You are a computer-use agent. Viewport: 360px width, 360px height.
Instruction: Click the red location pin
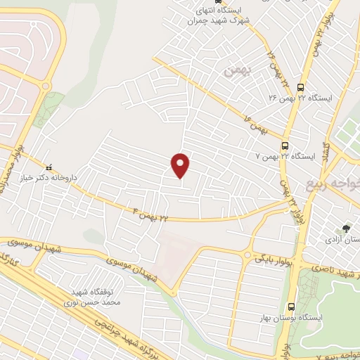coord(181,165)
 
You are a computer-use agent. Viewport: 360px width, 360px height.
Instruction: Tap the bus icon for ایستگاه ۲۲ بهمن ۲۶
coord(302,88)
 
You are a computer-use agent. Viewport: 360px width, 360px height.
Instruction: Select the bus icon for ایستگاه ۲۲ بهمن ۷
coord(284,146)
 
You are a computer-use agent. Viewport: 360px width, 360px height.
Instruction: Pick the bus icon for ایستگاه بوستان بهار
coord(292,306)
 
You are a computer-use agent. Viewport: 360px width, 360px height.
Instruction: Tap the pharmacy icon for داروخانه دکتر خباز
coord(49,168)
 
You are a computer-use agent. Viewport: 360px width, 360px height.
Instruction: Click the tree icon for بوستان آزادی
coord(345,229)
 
